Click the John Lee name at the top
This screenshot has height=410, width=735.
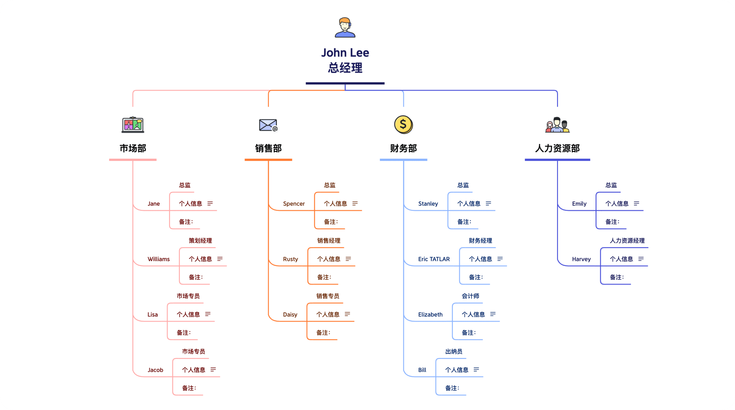click(345, 53)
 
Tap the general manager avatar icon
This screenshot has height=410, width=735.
click(345, 27)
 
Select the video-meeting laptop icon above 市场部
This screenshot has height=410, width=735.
click(133, 125)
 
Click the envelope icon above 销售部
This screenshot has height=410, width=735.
click(268, 125)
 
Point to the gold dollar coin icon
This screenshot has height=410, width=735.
click(403, 125)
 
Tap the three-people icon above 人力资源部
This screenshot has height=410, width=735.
click(557, 125)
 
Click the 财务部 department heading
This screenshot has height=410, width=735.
click(403, 148)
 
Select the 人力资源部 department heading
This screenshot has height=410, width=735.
click(557, 148)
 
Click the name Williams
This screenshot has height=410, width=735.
click(159, 259)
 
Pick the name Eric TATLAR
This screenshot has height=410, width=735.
click(434, 259)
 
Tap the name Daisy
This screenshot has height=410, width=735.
click(290, 315)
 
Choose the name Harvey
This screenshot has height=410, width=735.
click(581, 259)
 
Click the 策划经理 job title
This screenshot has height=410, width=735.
click(200, 240)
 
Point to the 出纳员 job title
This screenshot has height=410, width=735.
click(454, 351)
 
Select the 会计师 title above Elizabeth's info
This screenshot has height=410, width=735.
click(470, 296)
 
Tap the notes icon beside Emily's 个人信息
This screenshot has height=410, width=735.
click(636, 203)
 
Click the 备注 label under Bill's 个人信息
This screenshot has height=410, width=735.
click(452, 388)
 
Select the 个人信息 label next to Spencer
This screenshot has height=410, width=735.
click(335, 203)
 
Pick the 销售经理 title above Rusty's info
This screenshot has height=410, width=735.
click(329, 240)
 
